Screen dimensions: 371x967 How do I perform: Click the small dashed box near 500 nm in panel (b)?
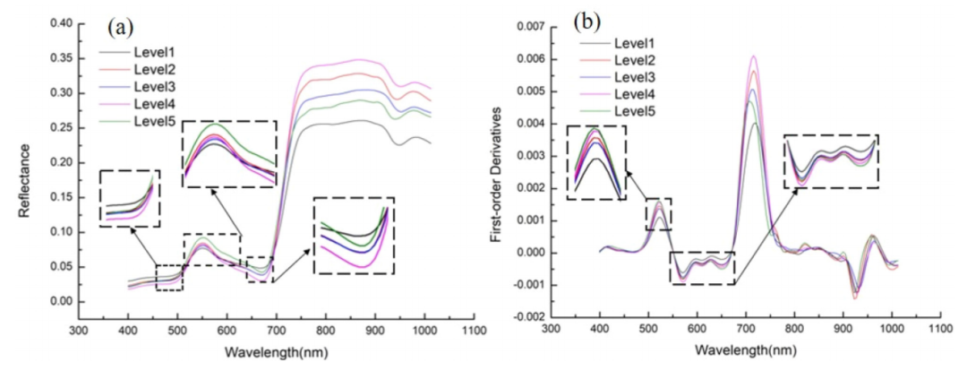point(658,213)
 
